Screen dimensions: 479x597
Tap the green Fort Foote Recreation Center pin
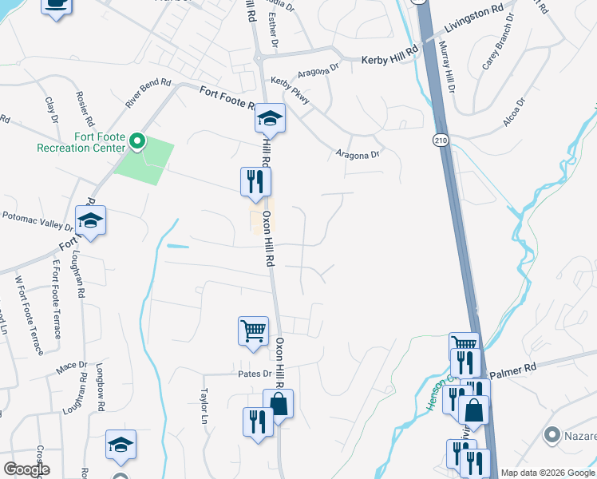click(x=137, y=143)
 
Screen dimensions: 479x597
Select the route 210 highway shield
click(x=441, y=141)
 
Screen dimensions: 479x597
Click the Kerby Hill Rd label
click(x=390, y=59)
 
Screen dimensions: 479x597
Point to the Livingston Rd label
click(x=474, y=32)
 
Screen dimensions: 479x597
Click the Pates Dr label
click(x=255, y=374)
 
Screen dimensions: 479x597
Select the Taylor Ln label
click(x=204, y=406)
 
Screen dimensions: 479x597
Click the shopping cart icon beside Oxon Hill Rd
click(x=253, y=329)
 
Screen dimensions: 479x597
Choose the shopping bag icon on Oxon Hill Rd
click(x=279, y=404)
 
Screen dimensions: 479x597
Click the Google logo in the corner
click(x=27, y=469)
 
